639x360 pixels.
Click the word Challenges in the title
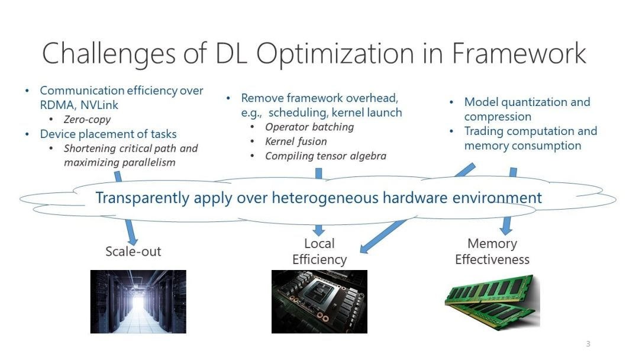109,54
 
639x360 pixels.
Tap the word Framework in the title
519,53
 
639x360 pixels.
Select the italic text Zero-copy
87,120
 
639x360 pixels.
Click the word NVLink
99,105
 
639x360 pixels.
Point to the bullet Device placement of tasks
108,134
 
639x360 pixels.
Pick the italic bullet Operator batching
309,127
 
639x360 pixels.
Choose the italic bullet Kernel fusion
296,142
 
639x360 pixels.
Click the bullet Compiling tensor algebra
325,156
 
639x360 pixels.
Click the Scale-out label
133,252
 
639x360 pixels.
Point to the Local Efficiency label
319,252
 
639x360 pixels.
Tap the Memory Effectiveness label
492,252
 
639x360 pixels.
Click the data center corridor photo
138,302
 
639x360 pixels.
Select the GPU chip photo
319,302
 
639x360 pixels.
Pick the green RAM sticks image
492,302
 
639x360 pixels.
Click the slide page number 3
588,343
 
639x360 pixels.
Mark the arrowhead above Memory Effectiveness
506,230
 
